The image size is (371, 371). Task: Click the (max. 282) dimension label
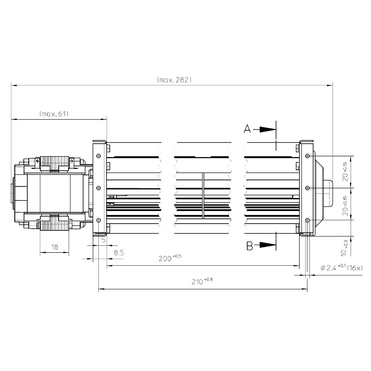pyautogui.click(x=174, y=80)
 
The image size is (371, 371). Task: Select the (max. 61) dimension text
pyautogui.click(x=54, y=114)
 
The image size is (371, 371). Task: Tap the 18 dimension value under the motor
pyautogui.click(x=55, y=247)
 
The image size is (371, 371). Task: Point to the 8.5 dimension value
pyautogui.click(x=119, y=253)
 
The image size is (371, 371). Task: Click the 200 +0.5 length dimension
pyautogui.click(x=170, y=258)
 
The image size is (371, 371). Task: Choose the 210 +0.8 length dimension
pyautogui.click(x=202, y=281)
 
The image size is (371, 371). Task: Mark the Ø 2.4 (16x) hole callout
pyautogui.click(x=341, y=268)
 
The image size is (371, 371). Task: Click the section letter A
pyautogui.click(x=247, y=129)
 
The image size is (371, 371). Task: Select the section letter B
pyautogui.click(x=249, y=246)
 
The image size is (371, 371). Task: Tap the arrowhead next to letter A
pyautogui.click(x=268, y=129)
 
